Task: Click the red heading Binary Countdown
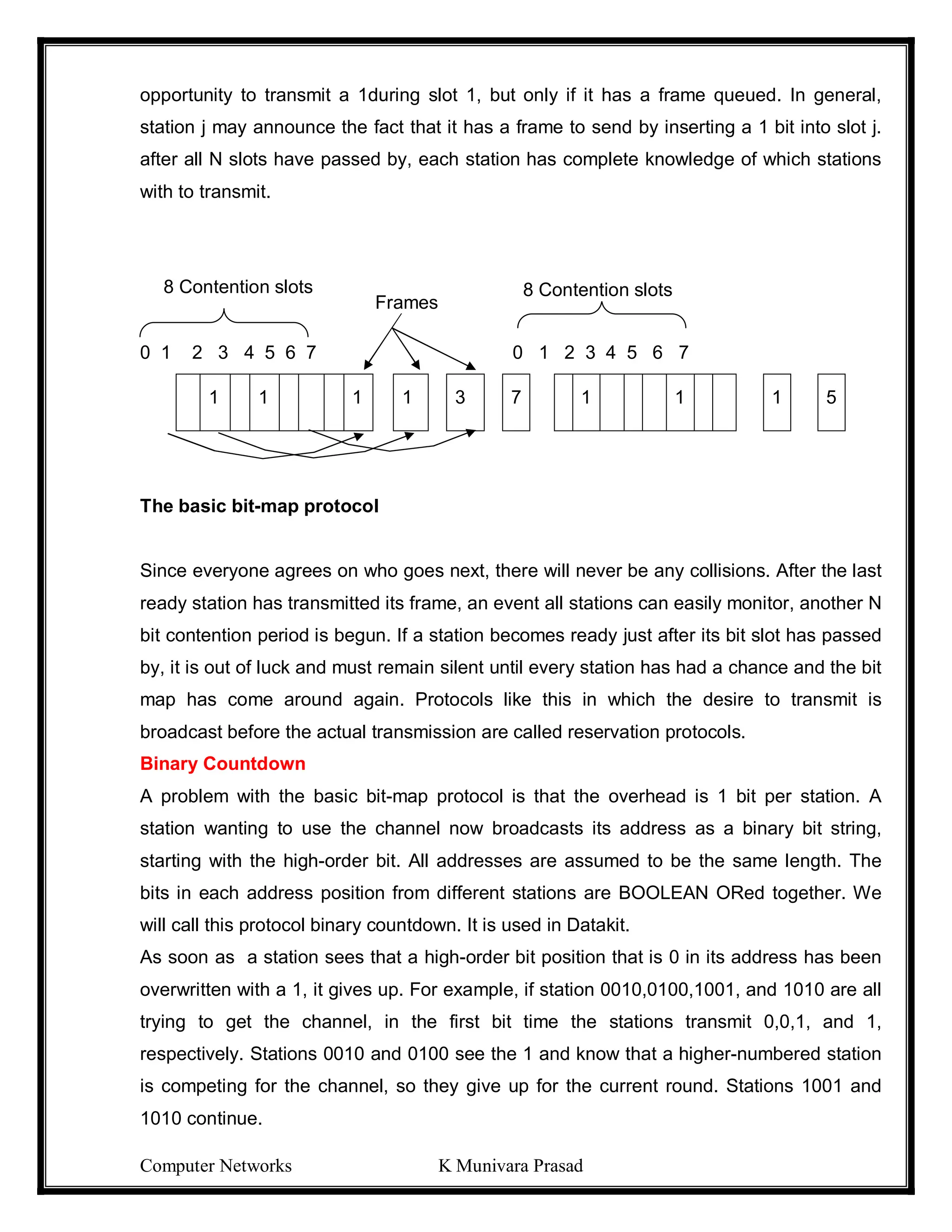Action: click(x=222, y=763)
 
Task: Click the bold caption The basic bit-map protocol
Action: click(x=259, y=505)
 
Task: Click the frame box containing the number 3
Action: click(x=465, y=402)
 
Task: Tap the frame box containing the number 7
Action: click(x=516, y=402)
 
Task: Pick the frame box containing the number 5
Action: click(x=831, y=402)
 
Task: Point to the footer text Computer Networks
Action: click(x=215, y=1166)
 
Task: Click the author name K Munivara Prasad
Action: click(x=510, y=1166)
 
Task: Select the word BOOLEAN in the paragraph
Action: click(x=663, y=893)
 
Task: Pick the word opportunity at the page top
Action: click(x=185, y=95)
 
